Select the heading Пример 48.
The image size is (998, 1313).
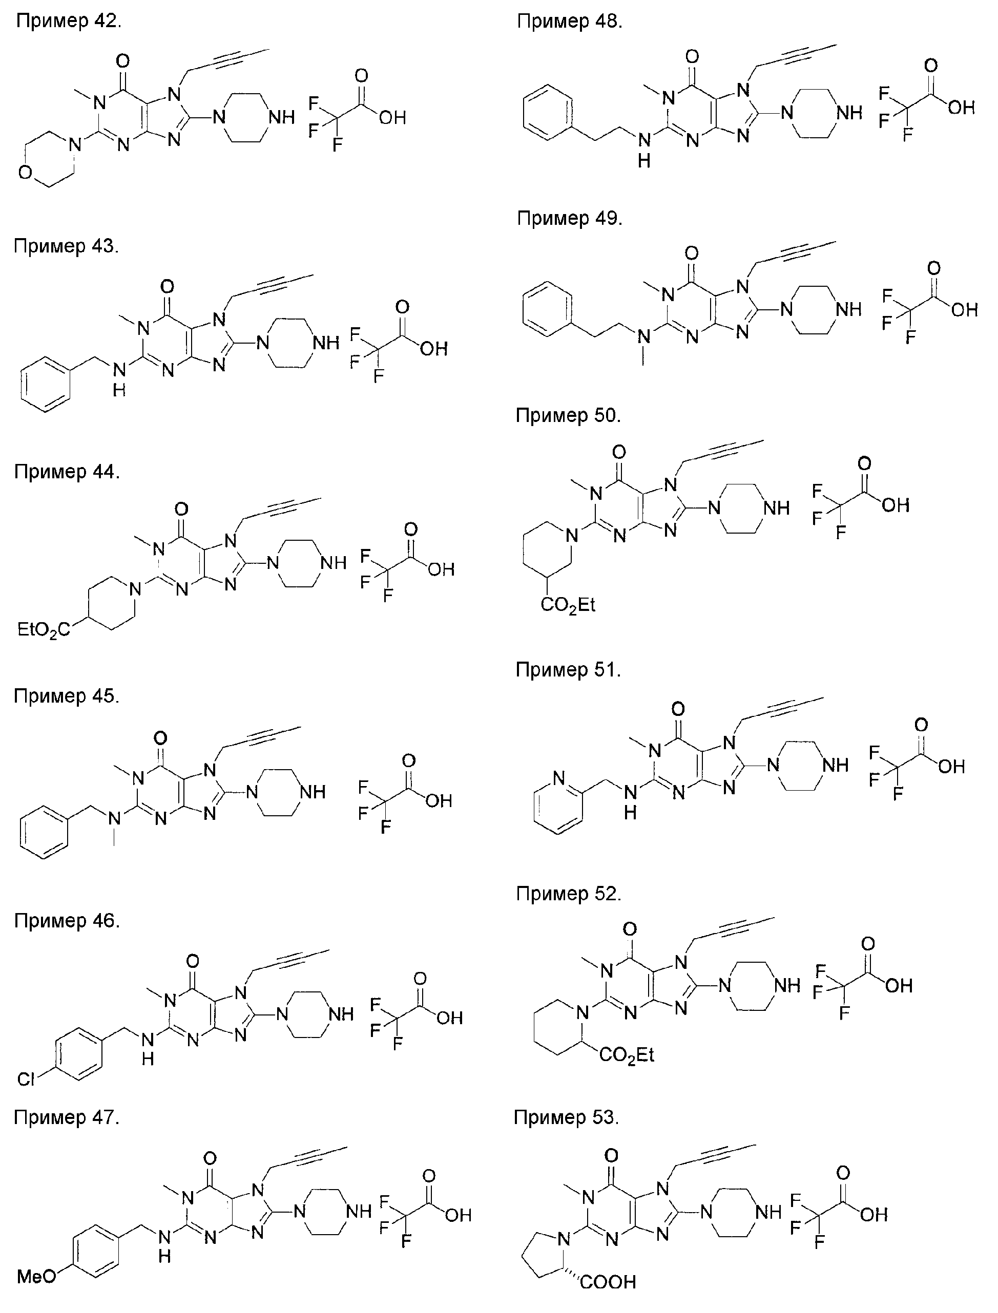click(x=569, y=22)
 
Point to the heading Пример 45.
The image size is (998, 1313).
click(x=67, y=695)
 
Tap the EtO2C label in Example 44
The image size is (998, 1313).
click(x=44, y=629)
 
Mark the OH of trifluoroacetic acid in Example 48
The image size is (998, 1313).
click(x=961, y=108)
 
